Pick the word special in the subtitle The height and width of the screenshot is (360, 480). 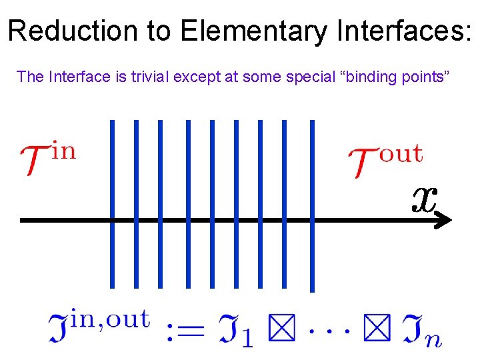click(x=309, y=77)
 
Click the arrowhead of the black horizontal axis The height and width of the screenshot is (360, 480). click(x=444, y=220)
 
